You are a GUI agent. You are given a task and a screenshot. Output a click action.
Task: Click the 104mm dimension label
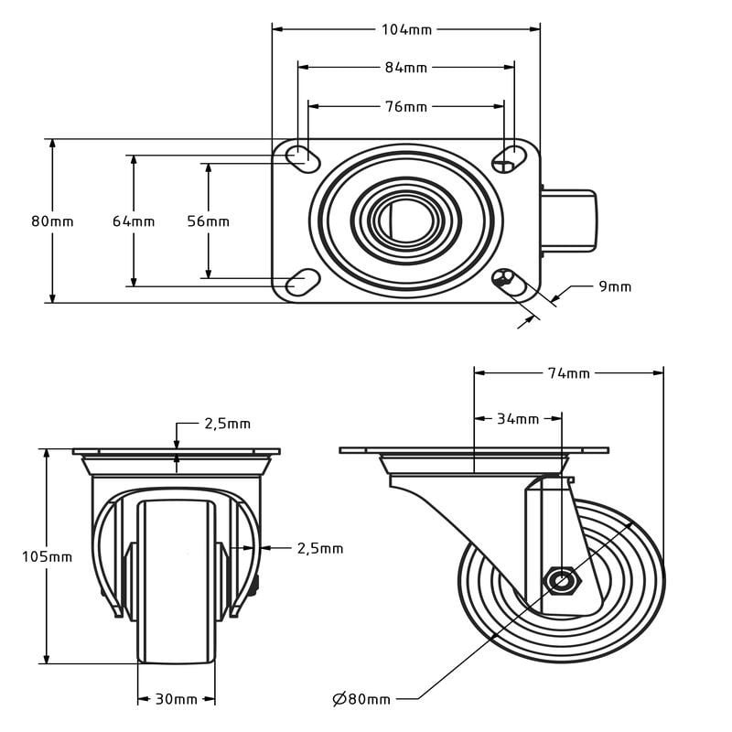(x=406, y=29)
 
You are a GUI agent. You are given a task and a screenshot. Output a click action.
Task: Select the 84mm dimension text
(x=406, y=67)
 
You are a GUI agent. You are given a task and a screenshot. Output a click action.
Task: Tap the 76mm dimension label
(x=406, y=106)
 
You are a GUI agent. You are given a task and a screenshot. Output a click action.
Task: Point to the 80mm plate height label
(x=52, y=221)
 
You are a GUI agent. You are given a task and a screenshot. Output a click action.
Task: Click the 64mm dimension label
(x=134, y=221)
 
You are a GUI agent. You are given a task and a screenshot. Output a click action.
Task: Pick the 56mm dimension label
(x=208, y=221)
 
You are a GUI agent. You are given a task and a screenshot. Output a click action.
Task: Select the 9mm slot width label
(x=615, y=286)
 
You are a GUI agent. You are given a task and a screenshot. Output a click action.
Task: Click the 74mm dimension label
(x=569, y=372)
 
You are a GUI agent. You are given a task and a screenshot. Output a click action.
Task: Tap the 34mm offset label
(x=518, y=419)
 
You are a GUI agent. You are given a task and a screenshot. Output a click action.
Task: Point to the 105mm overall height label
(x=47, y=556)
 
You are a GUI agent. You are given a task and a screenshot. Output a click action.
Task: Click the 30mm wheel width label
(x=177, y=699)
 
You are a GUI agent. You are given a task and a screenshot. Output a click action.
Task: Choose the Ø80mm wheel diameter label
(x=361, y=699)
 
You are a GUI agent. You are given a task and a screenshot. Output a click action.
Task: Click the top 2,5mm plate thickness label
(x=227, y=424)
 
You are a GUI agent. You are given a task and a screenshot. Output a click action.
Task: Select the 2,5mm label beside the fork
(x=319, y=548)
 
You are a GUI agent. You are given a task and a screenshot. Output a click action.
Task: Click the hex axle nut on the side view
(x=561, y=579)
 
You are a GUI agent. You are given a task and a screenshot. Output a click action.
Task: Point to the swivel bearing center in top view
(x=406, y=220)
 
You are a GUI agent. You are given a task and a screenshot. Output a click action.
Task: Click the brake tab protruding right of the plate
(x=569, y=220)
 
